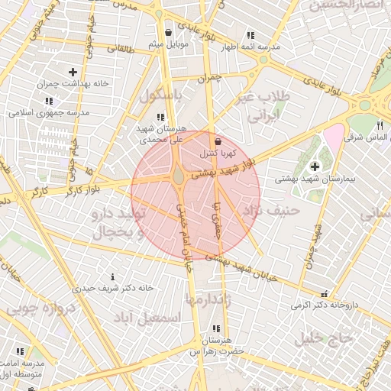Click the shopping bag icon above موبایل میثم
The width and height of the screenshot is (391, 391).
click(x=169, y=32)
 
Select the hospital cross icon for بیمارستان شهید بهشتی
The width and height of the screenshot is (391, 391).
click(x=315, y=166)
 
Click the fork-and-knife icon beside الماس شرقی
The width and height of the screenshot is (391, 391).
click(x=380, y=126)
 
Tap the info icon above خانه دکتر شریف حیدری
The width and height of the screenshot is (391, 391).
click(x=113, y=276)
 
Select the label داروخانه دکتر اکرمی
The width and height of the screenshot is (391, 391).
click(x=322, y=305)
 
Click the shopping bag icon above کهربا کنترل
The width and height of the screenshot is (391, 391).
click(x=219, y=141)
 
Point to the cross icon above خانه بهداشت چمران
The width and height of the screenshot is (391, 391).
click(x=73, y=72)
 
